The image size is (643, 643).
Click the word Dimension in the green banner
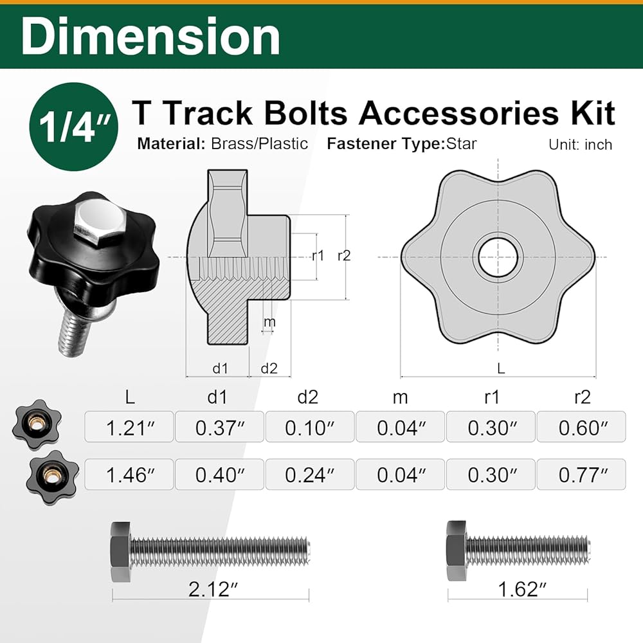[150, 37]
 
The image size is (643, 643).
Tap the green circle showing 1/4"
[74, 127]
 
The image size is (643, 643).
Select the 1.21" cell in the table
[129, 427]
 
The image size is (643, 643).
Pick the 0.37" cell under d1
[219, 427]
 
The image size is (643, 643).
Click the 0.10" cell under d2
[310, 427]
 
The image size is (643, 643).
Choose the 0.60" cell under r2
[581, 427]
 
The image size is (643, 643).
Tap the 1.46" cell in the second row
[129, 475]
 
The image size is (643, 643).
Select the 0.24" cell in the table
[310, 475]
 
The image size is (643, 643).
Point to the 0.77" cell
[581, 475]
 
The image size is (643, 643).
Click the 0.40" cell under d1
[219, 475]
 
